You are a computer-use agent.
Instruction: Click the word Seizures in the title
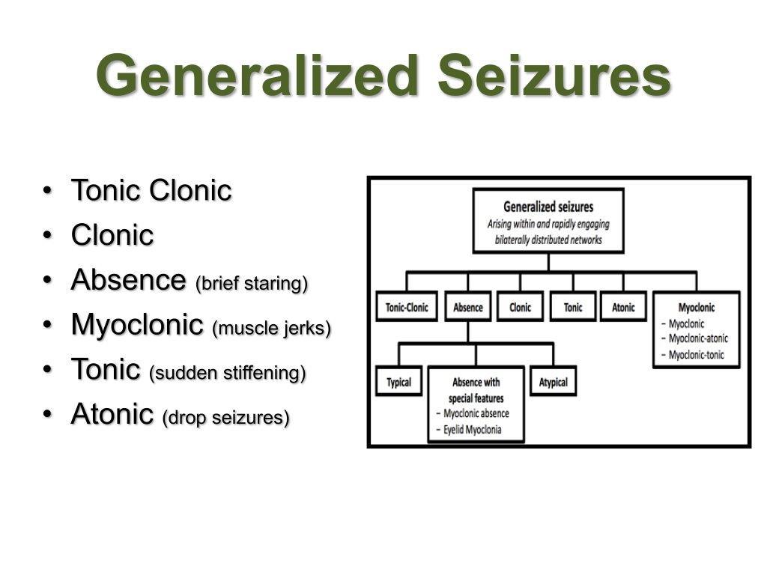554,76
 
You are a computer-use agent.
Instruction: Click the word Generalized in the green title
256,76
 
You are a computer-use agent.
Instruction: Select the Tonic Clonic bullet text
151,191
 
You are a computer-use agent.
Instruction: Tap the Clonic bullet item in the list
112,236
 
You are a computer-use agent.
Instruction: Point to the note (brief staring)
251,284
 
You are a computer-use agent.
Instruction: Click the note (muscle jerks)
271,329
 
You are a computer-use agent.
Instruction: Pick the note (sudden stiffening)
228,373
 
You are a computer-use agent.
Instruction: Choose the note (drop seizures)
225,417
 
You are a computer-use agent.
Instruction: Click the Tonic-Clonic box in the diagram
407,308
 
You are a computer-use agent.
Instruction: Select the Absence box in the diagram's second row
468,308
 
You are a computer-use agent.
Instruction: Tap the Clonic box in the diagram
520,308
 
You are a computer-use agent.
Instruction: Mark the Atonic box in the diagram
623,308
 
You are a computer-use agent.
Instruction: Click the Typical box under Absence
399,383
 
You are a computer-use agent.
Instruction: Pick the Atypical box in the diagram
554,383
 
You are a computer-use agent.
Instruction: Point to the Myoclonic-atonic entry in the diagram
697,338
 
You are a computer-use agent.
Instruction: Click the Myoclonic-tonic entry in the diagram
696,355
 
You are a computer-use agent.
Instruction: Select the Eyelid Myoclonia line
472,430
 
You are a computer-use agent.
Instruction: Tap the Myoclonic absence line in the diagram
476,414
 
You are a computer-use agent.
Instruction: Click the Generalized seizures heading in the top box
548,207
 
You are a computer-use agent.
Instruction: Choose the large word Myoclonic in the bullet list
137,325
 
